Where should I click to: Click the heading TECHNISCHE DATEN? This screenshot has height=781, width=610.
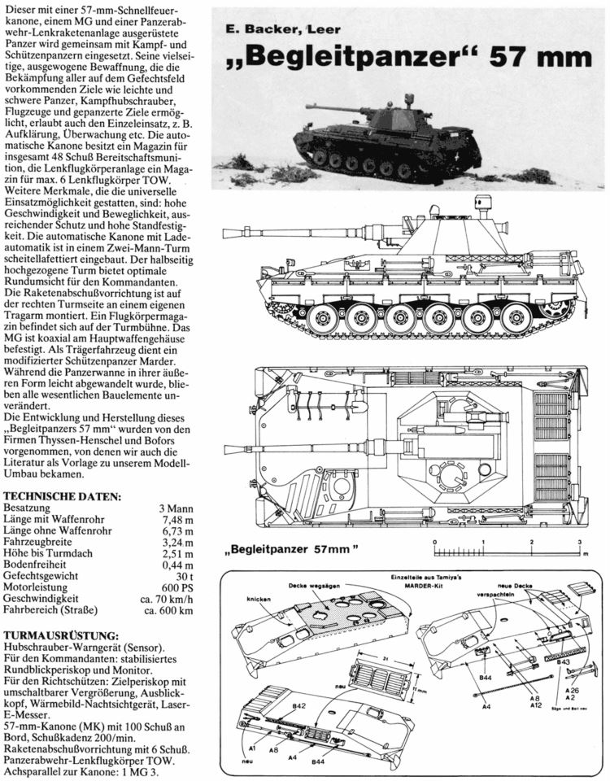(x=63, y=496)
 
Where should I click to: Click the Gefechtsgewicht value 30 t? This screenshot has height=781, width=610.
(x=185, y=574)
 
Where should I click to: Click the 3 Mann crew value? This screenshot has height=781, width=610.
(x=176, y=508)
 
